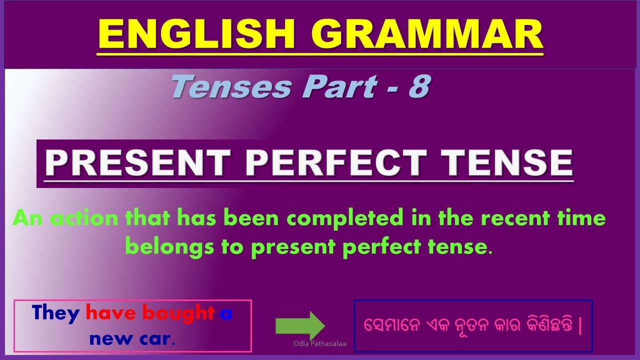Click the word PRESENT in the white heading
138,162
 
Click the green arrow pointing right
300,326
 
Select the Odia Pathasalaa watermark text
320,344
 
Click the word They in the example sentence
56,313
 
